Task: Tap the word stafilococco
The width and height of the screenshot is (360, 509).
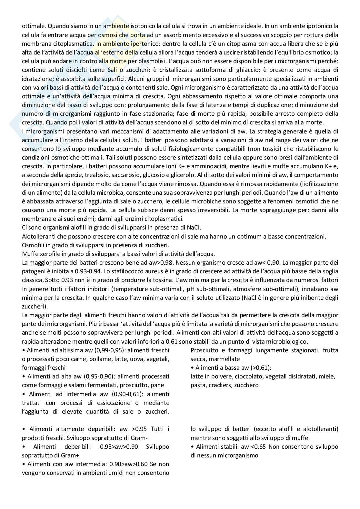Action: point(115,271)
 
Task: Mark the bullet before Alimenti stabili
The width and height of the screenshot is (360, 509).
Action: point(192,447)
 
